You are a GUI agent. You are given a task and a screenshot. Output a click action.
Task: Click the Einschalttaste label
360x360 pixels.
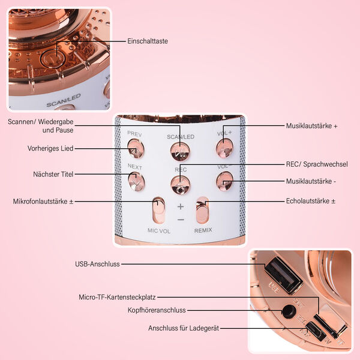[x=148, y=41]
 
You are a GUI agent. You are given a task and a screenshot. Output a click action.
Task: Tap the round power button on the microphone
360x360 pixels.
[x=53, y=59]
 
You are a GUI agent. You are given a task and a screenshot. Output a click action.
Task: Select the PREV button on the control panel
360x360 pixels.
[x=136, y=149]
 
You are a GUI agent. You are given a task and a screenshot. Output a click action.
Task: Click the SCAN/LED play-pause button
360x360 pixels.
[x=180, y=151]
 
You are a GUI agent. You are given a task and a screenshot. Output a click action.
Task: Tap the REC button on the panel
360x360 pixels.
[x=181, y=185]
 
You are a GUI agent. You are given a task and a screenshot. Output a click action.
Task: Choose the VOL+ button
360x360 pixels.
[x=224, y=148]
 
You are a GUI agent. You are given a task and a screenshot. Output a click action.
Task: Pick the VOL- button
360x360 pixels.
[x=224, y=181]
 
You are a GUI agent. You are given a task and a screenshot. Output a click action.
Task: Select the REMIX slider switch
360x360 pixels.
[x=202, y=210]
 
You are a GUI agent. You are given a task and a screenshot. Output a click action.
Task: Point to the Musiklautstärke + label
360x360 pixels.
[x=311, y=126]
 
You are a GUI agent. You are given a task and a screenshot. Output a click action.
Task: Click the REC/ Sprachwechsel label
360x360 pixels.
[x=317, y=164]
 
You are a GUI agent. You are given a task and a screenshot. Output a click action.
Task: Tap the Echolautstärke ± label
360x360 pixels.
[x=311, y=201]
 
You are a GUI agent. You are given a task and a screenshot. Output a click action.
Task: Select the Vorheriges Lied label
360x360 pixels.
[x=50, y=148]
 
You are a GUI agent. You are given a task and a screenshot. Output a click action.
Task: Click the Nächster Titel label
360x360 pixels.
[x=53, y=174]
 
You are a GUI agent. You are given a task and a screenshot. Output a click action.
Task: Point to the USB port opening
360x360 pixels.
[x=283, y=275]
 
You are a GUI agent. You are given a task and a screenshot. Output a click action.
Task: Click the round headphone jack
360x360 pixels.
[x=289, y=311]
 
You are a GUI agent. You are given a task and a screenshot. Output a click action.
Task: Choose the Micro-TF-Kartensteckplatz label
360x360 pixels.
[x=117, y=298]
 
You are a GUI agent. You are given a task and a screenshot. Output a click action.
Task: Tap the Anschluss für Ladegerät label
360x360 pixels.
[x=184, y=328]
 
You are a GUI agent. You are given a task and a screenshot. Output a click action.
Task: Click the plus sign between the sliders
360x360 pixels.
[x=181, y=206]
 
